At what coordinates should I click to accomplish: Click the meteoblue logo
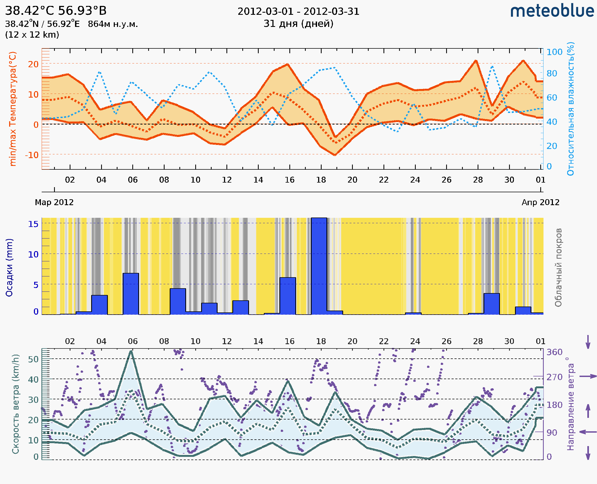click(552, 11)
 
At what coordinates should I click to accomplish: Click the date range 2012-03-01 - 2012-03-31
click(298, 12)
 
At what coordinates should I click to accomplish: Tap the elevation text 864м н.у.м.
click(113, 24)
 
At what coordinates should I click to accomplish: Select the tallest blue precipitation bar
click(319, 266)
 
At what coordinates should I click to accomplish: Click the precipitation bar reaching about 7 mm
click(131, 294)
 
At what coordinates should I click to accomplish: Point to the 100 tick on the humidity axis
click(554, 52)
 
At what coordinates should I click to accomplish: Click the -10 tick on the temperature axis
click(32, 155)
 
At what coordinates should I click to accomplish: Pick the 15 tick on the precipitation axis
click(33, 224)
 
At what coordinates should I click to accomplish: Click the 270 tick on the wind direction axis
click(554, 377)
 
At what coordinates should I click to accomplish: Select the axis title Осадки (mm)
click(9, 268)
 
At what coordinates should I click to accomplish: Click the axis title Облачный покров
click(558, 268)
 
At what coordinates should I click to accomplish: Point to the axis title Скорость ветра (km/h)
click(16, 404)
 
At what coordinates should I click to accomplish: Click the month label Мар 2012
click(54, 202)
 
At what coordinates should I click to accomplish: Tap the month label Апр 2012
click(541, 202)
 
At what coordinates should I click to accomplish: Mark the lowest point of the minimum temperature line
click(335, 155)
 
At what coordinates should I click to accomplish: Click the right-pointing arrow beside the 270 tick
click(588, 376)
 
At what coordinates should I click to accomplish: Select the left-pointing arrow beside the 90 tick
click(588, 432)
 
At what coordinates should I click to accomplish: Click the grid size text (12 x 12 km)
click(32, 35)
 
